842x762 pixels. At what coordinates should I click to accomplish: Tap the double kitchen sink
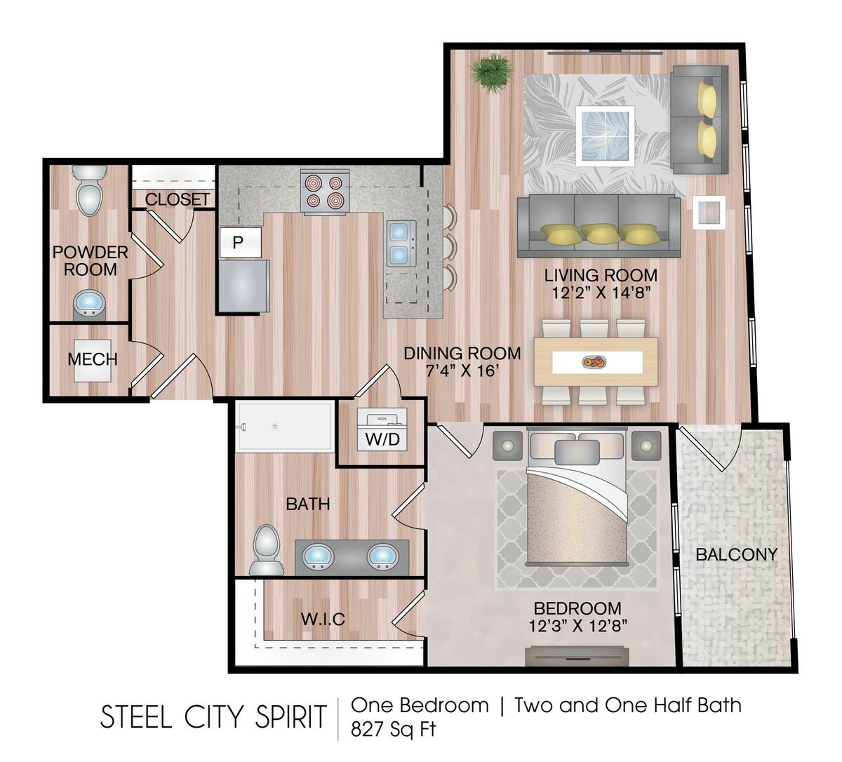click(x=401, y=243)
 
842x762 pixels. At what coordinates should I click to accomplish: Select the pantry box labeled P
click(x=239, y=243)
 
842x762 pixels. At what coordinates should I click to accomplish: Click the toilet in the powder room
click(x=90, y=191)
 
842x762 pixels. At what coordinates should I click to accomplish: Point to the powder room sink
click(x=89, y=304)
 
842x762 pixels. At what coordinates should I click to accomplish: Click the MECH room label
click(x=92, y=360)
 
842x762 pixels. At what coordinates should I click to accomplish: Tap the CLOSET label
click(x=177, y=199)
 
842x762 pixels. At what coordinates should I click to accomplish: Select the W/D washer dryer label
click(x=382, y=440)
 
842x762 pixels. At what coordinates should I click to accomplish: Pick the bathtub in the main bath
click(x=284, y=426)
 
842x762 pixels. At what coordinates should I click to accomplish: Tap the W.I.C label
click(x=323, y=619)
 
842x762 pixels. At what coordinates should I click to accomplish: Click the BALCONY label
click(x=736, y=554)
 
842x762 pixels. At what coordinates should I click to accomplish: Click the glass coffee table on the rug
click(x=605, y=135)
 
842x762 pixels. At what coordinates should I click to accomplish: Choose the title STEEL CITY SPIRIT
click(x=214, y=716)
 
